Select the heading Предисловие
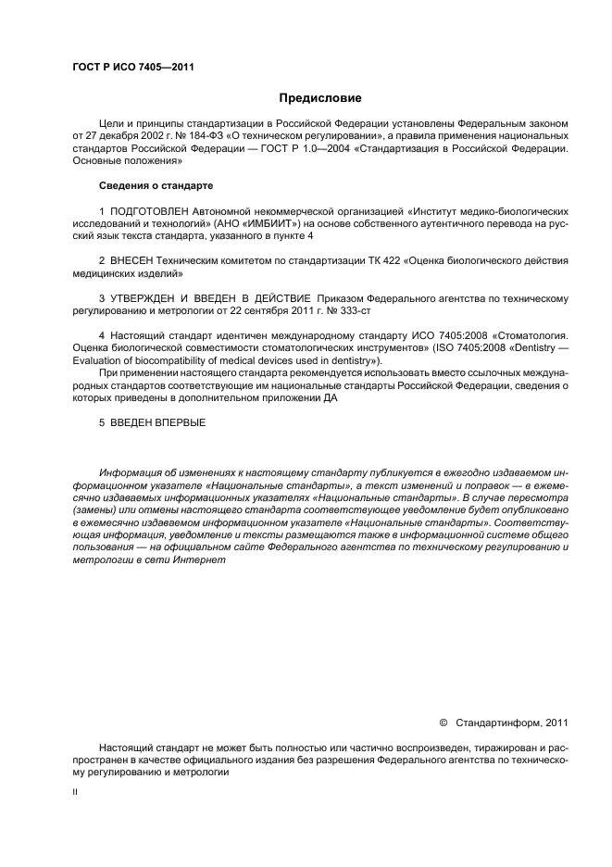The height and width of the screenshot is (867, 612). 320,98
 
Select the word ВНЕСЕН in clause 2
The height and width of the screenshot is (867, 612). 132,262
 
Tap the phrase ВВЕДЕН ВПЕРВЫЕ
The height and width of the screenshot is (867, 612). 158,422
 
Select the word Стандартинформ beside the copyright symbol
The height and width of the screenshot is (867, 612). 501,722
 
